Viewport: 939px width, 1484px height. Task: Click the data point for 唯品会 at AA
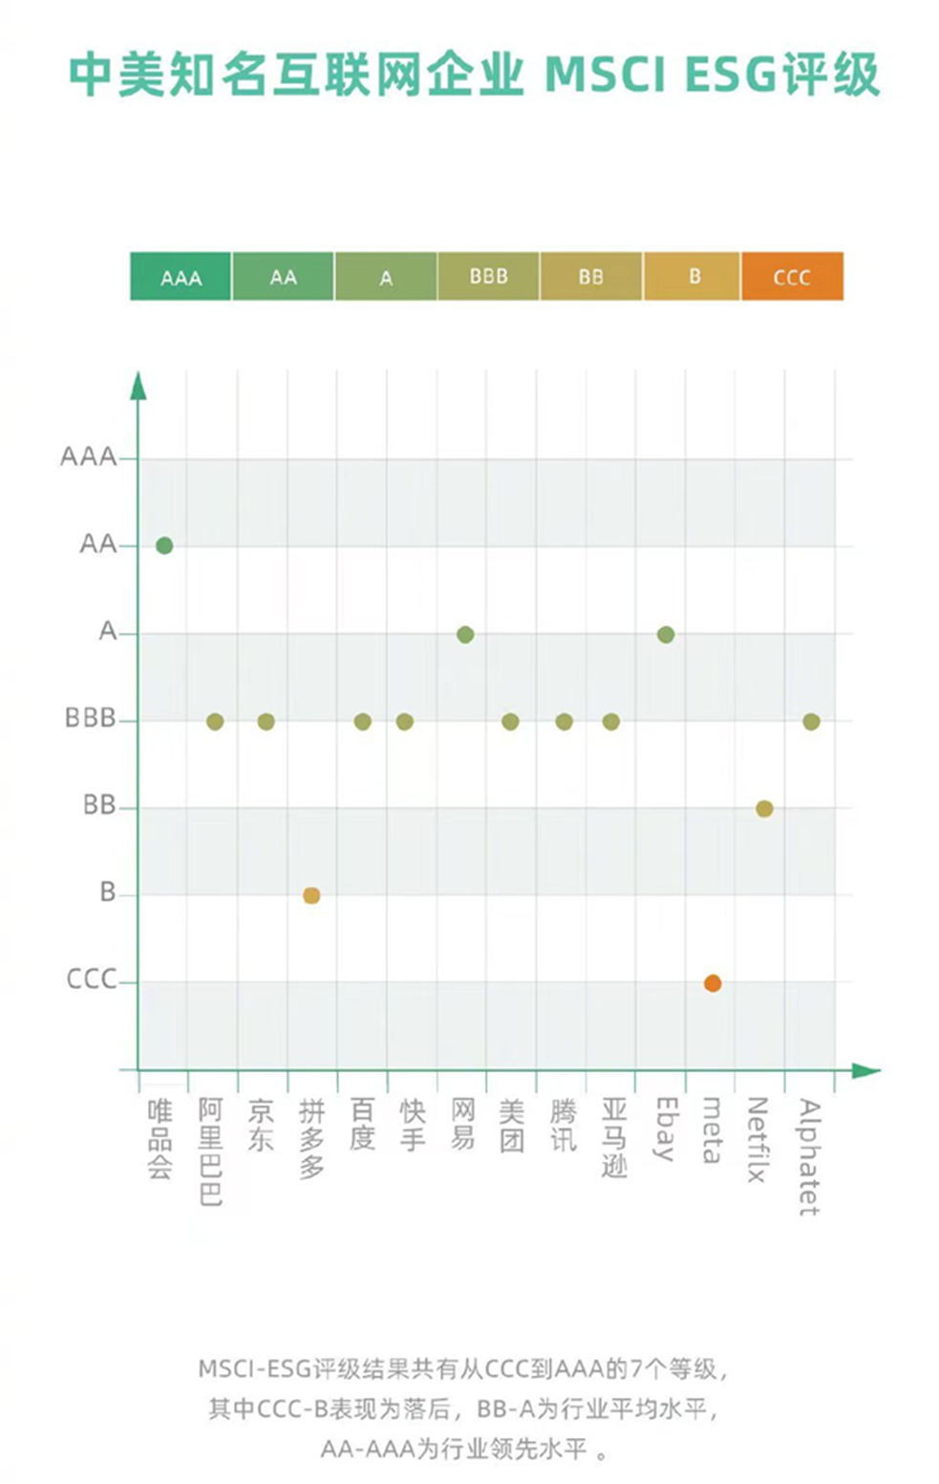[x=164, y=546]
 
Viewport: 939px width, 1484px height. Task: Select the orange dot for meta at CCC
[x=713, y=983]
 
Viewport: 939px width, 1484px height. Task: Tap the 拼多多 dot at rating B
[x=311, y=895]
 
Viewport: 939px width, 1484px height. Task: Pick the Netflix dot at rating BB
[x=764, y=808]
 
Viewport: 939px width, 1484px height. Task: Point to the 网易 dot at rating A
[x=465, y=634]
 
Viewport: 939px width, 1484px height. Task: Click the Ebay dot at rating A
[x=666, y=634]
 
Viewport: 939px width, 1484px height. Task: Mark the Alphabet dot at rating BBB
[x=811, y=721]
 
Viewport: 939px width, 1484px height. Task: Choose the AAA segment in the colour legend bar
[x=181, y=277]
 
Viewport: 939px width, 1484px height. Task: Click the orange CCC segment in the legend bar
[x=792, y=277]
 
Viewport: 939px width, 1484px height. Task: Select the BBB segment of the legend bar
[x=488, y=277]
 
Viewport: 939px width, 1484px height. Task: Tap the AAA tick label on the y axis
[x=88, y=457]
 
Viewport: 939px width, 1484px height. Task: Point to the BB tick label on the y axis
[x=98, y=806]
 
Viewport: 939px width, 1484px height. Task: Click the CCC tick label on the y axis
[x=91, y=979]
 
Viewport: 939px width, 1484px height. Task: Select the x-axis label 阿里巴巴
[x=210, y=1151]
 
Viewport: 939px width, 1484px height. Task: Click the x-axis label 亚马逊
[x=614, y=1137]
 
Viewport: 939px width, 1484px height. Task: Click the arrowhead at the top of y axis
[x=139, y=386]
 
